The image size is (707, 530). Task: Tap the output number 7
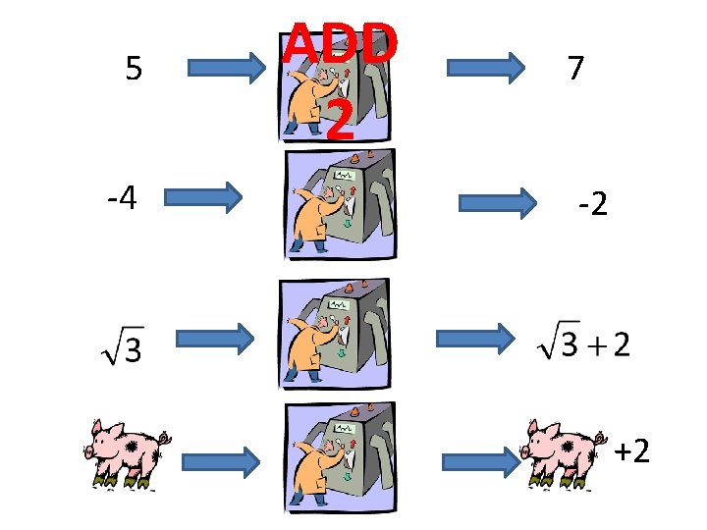[576, 68]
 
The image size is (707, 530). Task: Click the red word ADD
[341, 44]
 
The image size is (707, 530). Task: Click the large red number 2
[340, 122]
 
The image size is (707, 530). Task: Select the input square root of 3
[122, 343]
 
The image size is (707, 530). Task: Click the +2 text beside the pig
[631, 451]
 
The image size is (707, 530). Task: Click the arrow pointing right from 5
[226, 69]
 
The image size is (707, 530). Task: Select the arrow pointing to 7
[486, 69]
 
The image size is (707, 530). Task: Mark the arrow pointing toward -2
[502, 203]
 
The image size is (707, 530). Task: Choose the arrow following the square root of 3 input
[215, 339]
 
